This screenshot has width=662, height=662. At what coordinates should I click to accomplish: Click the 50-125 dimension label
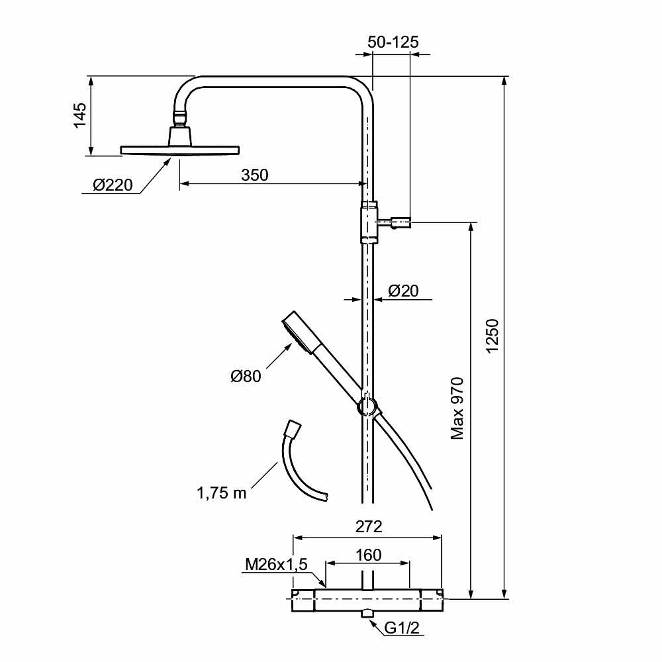(393, 42)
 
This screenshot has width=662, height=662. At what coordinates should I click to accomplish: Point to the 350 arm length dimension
(254, 175)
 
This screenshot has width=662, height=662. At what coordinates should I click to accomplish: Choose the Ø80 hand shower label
(246, 376)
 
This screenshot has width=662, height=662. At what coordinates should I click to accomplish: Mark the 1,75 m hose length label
(221, 493)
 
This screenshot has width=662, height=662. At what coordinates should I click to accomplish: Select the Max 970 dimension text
(457, 409)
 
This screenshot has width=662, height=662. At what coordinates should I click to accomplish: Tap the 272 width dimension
(369, 527)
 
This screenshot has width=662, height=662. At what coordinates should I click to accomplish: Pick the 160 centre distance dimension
(368, 555)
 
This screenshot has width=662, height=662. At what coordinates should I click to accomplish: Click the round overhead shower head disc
(179, 150)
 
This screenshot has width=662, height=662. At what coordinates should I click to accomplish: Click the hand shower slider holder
(367, 406)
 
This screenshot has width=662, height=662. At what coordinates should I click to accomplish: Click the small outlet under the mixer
(367, 615)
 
